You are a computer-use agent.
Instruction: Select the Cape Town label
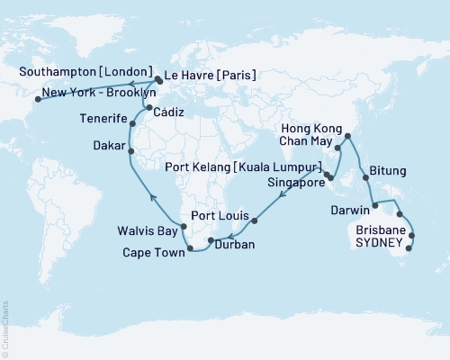click(153, 253)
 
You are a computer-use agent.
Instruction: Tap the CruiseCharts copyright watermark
click(6, 328)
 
